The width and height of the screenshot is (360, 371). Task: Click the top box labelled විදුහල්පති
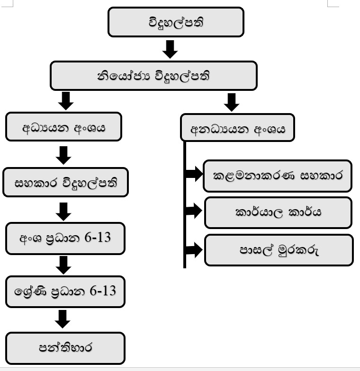pyautogui.click(x=176, y=22)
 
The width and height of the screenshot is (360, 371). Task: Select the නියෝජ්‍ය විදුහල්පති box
pyautogui.click(x=153, y=76)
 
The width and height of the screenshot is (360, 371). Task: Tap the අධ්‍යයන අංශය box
pyautogui.click(x=63, y=127)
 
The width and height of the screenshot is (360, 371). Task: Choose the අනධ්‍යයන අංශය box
pyautogui.click(x=237, y=129)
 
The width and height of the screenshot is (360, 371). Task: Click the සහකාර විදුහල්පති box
pyautogui.click(x=65, y=182)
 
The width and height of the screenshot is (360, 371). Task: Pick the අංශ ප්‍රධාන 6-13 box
pyautogui.click(x=65, y=238)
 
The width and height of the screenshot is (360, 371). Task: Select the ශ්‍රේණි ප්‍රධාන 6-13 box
pyautogui.click(x=65, y=291)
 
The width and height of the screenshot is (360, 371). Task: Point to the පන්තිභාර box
pyautogui.click(x=65, y=348)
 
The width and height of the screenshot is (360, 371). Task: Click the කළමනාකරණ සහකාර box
pyautogui.click(x=278, y=176)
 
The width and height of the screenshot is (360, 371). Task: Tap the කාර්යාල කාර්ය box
pyautogui.click(x=278, y=212)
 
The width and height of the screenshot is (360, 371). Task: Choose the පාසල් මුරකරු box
pyautogui.click(x=279, y=250)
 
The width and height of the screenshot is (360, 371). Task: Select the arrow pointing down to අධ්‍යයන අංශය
pyautogui.click(x=66, y=100)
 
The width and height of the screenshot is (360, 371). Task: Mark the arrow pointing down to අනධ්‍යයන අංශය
pyautogui.click(x=232, y=102)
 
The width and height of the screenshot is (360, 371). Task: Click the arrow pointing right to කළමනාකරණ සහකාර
pyautogui.click(x=193, y=174)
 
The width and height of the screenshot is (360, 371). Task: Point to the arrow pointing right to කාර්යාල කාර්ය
pyautogui.click(x=193, y=211)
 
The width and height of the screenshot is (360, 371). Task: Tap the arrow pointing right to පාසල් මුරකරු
pyautogui.click(x=193, y=248)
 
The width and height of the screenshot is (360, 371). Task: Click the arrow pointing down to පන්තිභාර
pyautogui.click(x=63, y=318)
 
